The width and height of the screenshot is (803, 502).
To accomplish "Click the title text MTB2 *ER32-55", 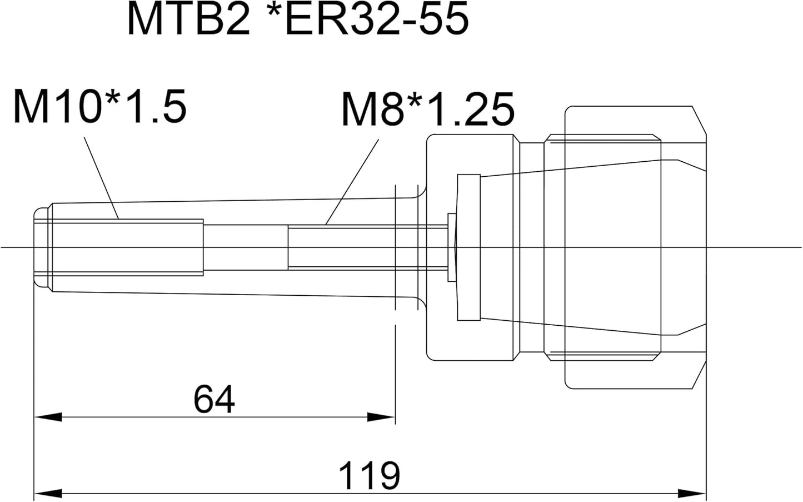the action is (x=298, y=19).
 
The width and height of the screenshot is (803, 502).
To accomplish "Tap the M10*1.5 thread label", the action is (x=100, y=106).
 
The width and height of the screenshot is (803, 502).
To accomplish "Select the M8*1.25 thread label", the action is (x=428, y=109).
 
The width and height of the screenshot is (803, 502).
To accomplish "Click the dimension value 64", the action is (x=214, y=399).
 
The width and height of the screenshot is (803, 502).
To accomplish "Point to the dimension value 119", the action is (x=369, y=475).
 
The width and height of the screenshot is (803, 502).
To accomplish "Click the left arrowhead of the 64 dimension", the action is (x=48, y=417).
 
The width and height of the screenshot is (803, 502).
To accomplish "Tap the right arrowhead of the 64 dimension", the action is (x=381, y=417).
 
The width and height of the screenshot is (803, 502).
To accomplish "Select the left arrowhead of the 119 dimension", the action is (x=48, y=494).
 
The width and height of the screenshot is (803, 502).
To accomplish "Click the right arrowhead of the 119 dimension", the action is (x=692, y=494).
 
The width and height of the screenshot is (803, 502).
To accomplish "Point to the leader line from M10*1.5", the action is (x=101, y=178).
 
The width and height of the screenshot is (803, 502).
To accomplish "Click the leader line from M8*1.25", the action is (x=352, y=182).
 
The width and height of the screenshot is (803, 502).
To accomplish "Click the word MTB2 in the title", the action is (x=188, y=19).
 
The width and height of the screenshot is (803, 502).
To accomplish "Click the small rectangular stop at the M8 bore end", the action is (x=452, y=247).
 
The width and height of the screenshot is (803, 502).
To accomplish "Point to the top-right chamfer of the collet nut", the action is (x=699, y=121).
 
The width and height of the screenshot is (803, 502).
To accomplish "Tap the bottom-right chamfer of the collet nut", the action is (x=699, y=375).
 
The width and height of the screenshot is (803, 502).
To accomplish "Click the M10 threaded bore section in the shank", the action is (x=128, y=247).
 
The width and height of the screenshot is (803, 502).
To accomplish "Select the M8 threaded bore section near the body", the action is (x=368, y=247).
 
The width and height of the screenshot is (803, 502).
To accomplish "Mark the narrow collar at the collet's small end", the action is (x=468, y=247).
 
